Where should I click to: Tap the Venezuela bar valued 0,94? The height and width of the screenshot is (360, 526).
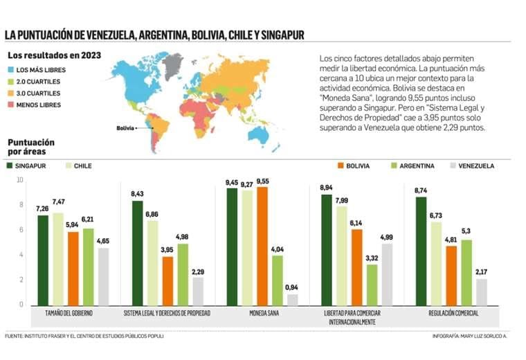[x=293, y=300]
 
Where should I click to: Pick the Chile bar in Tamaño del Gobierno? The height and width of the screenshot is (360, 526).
[x=58, y=259]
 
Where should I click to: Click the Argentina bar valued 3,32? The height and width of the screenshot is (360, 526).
[x=372, y=285]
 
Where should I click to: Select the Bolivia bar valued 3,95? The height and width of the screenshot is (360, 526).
[x=168, y=281]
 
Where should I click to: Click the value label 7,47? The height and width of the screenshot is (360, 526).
[x=58, y=201]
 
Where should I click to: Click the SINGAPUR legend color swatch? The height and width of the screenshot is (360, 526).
[x=10, y=166]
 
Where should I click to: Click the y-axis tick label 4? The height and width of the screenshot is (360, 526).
[x=21, y=255]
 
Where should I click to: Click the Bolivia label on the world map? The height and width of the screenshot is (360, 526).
[x=125, y=128]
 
